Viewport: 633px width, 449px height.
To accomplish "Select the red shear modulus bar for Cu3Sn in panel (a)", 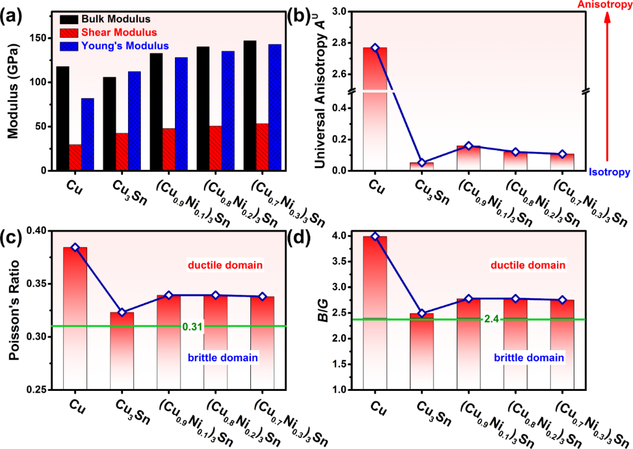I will click(x=121, y=152).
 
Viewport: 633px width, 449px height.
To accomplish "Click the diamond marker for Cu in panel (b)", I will click(x=375, y=48).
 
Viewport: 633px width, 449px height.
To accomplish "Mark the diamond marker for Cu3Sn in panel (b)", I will click(x=422, y=162).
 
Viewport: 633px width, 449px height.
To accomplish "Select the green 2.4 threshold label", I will click(x=491, y=319).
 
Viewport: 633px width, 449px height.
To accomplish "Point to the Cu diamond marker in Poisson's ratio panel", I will click(x=75, y=247).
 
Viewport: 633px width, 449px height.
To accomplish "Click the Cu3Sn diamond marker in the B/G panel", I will click(x=422, y=314).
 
